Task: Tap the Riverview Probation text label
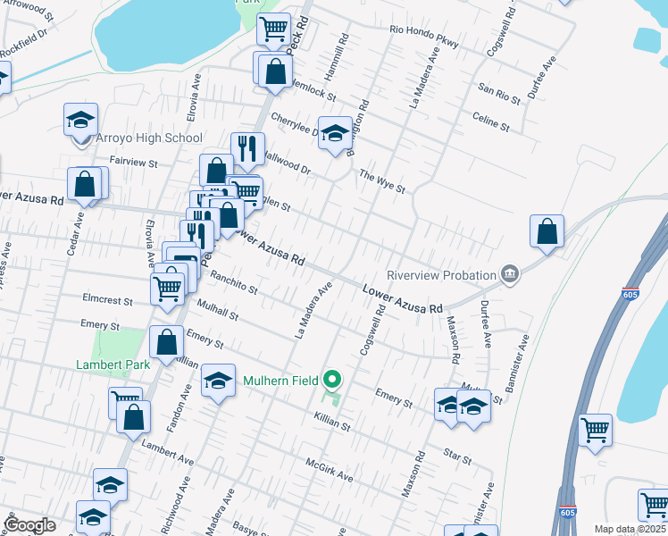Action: point(439,274)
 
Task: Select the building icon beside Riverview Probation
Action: point(510,272)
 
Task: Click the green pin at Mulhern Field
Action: point(333,381)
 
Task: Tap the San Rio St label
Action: point(498,89)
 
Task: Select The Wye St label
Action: point(382,182)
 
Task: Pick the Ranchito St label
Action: point(234,284)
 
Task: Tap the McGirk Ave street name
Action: point(330,472)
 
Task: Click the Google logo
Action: point(29,525)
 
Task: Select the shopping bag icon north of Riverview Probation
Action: point(547,230)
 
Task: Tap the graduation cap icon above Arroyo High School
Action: point(80,120)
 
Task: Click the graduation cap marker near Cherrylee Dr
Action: point(335,134)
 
